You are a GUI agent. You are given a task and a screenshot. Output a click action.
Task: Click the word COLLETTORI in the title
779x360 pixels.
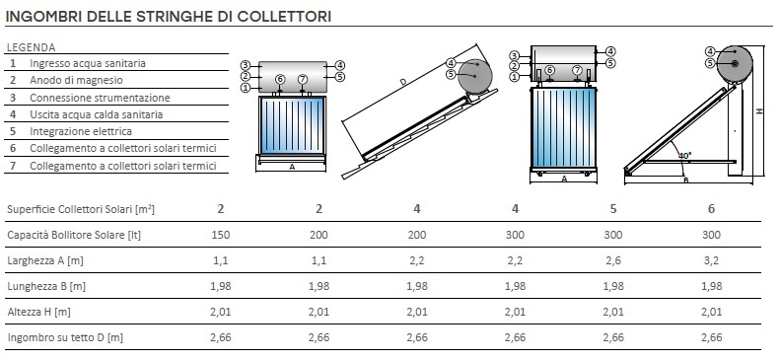284,16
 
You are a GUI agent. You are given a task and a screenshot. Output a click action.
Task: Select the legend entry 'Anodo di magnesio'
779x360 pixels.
76,80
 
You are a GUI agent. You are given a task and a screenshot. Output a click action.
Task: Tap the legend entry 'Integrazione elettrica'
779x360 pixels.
81,132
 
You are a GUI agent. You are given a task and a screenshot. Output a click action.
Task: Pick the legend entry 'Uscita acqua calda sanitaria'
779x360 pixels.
96,114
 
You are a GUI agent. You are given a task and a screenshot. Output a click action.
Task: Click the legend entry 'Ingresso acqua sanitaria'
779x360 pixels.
88,63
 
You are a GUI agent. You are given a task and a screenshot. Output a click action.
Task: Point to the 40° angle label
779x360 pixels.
684,156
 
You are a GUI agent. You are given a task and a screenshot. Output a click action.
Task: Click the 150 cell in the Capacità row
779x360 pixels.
221,235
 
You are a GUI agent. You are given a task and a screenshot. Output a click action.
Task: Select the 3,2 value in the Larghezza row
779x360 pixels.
711,260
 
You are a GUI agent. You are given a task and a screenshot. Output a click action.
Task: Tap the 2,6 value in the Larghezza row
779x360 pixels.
613,260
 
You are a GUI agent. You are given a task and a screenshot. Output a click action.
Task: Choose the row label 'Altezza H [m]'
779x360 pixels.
38,313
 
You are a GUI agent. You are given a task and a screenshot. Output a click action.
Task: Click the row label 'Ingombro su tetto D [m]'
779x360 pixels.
65,337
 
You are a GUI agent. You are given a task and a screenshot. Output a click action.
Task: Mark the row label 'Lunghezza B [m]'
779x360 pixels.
46,286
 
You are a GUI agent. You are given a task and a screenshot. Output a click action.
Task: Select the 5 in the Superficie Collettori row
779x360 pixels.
613,209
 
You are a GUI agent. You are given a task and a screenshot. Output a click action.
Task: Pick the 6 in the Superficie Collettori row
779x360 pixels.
711,209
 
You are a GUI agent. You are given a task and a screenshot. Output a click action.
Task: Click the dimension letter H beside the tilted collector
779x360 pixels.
759,111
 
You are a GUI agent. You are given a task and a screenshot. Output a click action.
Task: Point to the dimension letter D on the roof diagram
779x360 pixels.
403,82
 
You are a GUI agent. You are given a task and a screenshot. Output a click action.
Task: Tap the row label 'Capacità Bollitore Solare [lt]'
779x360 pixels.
74,235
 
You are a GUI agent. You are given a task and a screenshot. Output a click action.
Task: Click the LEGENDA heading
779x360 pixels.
31,47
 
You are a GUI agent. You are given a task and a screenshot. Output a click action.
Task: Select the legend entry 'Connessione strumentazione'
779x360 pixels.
100,98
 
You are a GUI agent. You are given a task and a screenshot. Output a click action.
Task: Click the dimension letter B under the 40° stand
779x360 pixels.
686,180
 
